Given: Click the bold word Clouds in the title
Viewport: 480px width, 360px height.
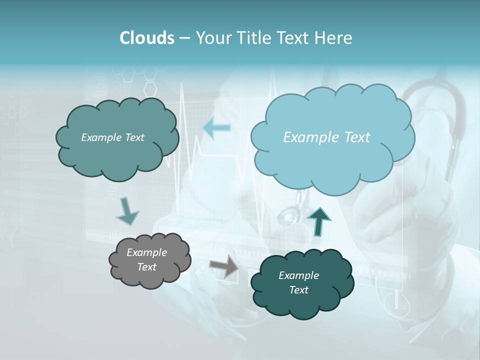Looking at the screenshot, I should pos(146,38).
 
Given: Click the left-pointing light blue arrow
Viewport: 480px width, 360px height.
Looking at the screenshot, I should pos(217,128).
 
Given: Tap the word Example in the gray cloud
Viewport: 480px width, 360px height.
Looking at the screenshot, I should pos(146,252).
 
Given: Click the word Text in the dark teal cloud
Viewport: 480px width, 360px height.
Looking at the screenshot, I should pos(298,290).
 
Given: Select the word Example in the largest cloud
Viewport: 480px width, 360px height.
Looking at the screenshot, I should pos(309,137).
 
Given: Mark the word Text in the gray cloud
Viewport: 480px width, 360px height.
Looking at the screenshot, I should pos(146,267).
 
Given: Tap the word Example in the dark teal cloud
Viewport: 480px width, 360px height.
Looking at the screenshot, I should pos(298,275).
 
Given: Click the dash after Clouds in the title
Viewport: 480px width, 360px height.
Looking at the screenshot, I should pos(184,38).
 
